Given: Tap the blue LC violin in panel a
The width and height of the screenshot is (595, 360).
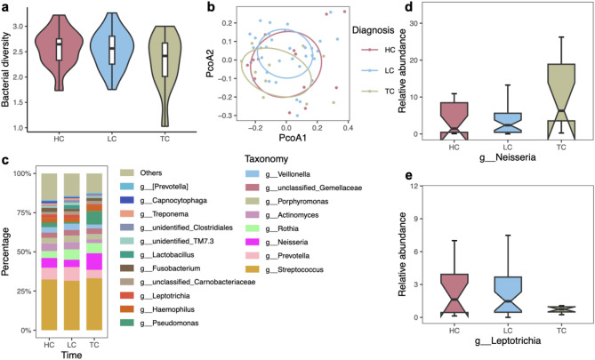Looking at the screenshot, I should (x=110, y=53).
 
